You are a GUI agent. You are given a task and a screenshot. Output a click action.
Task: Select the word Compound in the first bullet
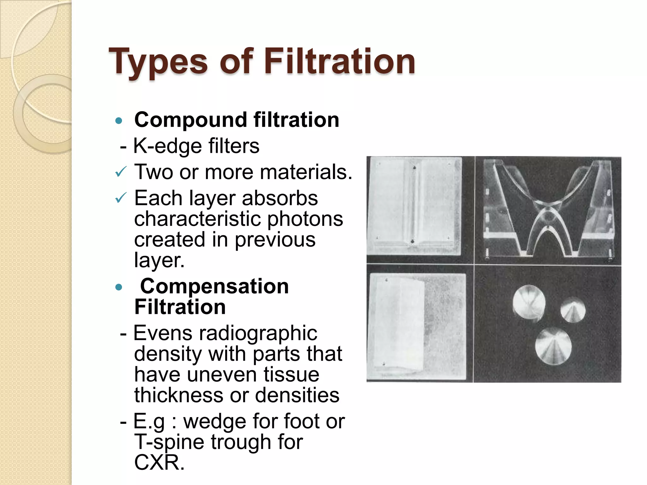(190, 120)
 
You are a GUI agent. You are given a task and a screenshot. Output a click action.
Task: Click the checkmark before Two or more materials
(121, 172)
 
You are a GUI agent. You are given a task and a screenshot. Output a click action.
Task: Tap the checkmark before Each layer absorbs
(121, 198)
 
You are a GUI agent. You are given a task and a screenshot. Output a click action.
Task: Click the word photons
(305, 219)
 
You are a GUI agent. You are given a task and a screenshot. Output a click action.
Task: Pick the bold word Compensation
(214, 286)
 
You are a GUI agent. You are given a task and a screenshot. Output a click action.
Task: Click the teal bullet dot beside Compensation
(119, 287)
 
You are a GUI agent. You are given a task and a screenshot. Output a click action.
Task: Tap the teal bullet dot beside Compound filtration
(119, 121)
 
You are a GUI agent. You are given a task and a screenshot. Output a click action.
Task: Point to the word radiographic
(257, 333)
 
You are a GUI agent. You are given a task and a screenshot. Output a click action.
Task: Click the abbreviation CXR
(159, 462)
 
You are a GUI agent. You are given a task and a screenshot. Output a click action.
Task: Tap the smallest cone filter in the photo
(573, 310)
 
